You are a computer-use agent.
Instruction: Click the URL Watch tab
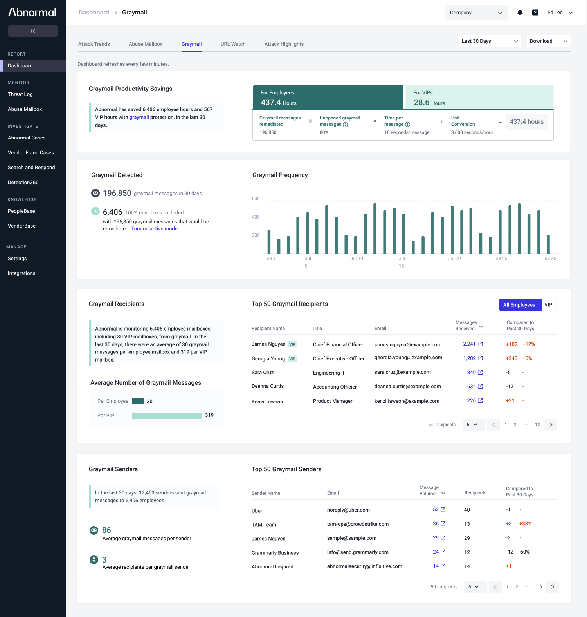[233, 44]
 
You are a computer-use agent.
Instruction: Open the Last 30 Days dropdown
[490, 41]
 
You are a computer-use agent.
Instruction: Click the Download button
[548, 41]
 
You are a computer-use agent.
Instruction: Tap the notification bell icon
[520, 13]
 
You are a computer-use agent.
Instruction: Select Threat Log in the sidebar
[20, 94]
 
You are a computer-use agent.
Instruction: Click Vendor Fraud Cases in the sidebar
[31, 153]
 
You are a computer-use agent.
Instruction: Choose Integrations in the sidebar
[22, 273]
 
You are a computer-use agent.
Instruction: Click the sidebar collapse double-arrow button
[33, 31]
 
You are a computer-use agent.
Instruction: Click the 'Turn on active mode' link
[155, 229]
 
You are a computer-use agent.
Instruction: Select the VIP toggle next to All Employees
[549, 305]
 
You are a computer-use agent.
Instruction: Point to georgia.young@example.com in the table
[408, 358]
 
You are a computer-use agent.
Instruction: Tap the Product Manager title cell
[333, 401]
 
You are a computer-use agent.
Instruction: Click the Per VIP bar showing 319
[167, 416]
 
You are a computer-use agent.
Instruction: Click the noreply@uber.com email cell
[348, 510]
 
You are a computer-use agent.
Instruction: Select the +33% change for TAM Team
[525, 524]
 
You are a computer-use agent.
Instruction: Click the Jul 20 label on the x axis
[454, 259]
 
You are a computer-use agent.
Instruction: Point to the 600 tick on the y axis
[256, 199]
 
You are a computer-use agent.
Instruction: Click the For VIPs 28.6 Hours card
[479, 97]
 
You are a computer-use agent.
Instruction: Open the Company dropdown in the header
[476, 13]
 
